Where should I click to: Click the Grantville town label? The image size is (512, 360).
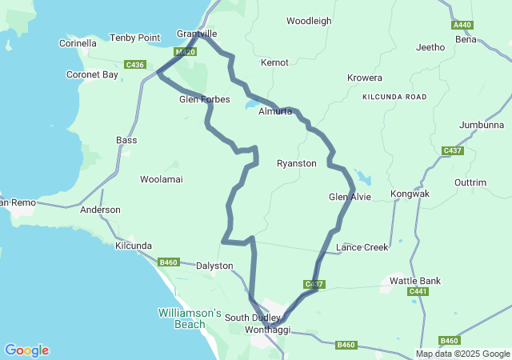pos(197,35)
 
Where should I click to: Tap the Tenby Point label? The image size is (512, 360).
pos(134,38)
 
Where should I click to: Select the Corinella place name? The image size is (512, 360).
pos(78,43)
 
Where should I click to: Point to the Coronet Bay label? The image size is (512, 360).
pos(91,74)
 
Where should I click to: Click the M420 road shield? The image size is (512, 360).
pos(185,52)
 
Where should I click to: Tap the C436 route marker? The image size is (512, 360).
pos(135,64)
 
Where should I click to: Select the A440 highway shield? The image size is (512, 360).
pos(462,26)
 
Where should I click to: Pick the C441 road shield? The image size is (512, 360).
pos(418,292)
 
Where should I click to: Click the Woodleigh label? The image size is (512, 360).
pos(309,21)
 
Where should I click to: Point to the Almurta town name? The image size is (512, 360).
pos(275,111)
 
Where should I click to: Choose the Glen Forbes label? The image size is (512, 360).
pos(204,100)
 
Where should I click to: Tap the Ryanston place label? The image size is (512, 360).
pos(296,163)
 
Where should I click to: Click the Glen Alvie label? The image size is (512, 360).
pos(350,197)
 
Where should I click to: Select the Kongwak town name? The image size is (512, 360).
pos(410,194)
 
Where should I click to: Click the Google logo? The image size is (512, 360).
pos(26,350)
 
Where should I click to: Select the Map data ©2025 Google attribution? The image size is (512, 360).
pos(462,354)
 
